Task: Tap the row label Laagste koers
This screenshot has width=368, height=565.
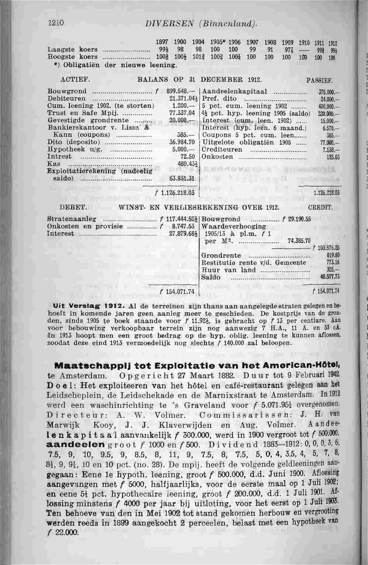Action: click(x=73, y=50)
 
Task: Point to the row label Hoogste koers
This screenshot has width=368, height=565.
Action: click(x=73, y=57)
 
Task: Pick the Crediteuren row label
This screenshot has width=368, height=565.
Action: click(x=223, y=150)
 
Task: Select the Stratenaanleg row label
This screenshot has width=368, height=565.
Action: click(x=72, y=219)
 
